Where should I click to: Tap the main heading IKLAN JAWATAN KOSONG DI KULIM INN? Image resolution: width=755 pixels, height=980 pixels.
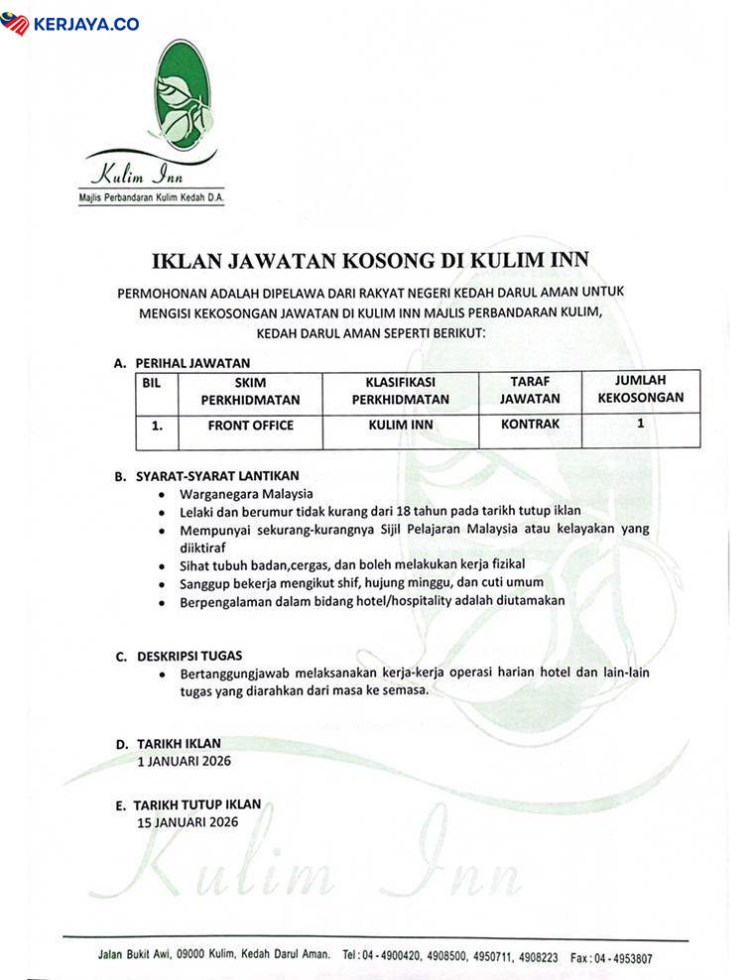(x=371, y=261)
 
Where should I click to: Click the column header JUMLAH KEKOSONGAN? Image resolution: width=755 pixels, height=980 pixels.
(x=640, y=389)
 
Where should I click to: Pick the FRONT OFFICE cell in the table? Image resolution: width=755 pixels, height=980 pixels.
(x=250, y=426)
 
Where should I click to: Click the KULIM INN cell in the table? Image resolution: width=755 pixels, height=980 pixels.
(x=400, y=426)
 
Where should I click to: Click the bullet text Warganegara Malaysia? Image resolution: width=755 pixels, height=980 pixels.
(x=246, y=493)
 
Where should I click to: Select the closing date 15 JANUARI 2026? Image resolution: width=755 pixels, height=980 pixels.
(x=189, y=823)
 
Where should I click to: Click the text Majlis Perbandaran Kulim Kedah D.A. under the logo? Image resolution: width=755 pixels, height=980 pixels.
(x=151, y=198)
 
